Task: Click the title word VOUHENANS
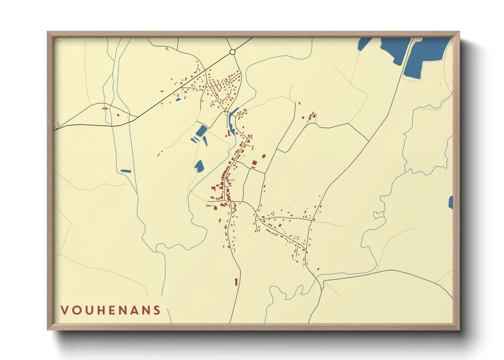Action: [x=111, y=310]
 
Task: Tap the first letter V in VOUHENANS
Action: [x=64, y=310]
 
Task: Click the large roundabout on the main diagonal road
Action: [x=233, y=52]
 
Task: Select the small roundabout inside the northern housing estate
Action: [x=227, y=83]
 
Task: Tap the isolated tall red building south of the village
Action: [x=236, y=282]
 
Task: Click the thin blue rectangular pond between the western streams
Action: [x=126, y=171]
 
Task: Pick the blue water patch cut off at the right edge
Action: [x=451, y=202]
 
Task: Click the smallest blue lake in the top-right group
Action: [x=364, y=44]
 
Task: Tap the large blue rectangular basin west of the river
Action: [x=201, y=131]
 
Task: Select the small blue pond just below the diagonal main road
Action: [x=178, y=100]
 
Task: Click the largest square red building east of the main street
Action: [x=254, y=164]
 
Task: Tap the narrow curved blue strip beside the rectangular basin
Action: [x=205, y=141]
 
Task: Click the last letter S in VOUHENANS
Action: [x=157, y=310]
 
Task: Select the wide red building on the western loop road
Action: [x=105, y=109]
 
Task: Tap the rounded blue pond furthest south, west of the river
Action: [x=199, y=166]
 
